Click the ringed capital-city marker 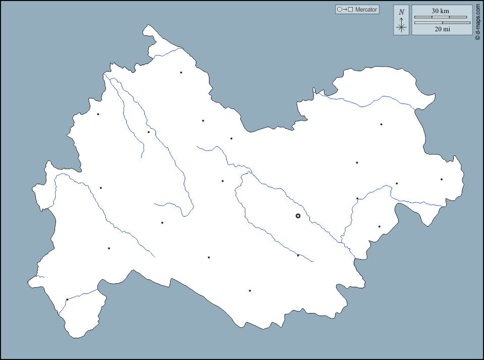(298, 216)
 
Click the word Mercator (366, 10)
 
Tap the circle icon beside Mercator (340, 10)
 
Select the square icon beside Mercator (350, 10)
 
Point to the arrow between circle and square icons (345, 10)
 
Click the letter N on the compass (401, 12)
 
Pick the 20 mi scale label (442, 29)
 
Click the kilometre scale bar (441, 17)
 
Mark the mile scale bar (442, 23)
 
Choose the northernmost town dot (181, 72)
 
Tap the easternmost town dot (441, 179)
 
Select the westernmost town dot (67, 299)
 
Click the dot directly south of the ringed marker (298, 255)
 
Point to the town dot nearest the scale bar (381, 124)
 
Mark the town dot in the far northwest (98, 114)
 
